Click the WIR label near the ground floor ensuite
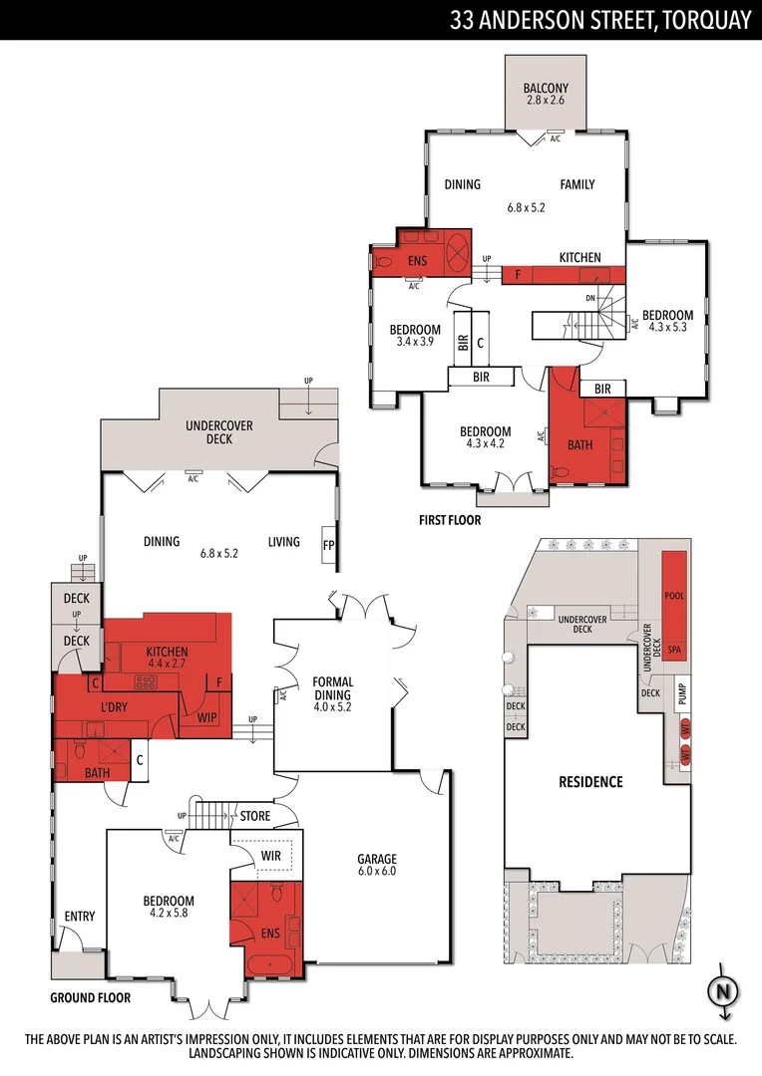271,855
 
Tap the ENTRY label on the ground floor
79,916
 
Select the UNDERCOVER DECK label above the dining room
219,431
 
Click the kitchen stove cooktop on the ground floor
147,682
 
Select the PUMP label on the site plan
682,695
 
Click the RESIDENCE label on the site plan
589,782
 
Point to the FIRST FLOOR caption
450,520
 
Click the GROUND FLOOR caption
91,997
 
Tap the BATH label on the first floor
579,445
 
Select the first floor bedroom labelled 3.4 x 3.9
414,336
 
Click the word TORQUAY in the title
703,19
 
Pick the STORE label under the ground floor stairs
254,817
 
